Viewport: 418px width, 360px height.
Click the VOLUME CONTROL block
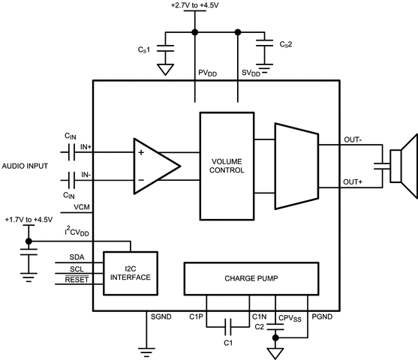pos(227,164)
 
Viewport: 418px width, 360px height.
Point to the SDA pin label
pos(77,256)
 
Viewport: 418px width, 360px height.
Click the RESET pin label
pos(77,280)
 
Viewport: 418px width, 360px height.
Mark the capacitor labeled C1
pos(230,326)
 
